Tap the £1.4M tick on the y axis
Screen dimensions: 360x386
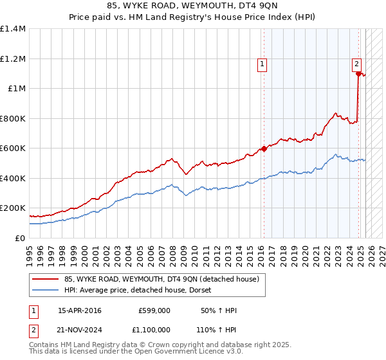click(x=13, y=29)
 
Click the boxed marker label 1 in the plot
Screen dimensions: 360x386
click(x=262, y=63)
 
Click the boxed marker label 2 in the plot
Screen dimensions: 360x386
click(x=356, y=63)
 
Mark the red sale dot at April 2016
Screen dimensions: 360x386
click(x=264, y=149)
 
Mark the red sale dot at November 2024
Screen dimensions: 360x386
click(x=358, y=74)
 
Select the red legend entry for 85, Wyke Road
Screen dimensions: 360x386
click(x=161, y=279)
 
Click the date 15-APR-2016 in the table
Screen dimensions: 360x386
click(x=80, y=310)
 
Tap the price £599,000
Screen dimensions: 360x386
click(x=154, y=310)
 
